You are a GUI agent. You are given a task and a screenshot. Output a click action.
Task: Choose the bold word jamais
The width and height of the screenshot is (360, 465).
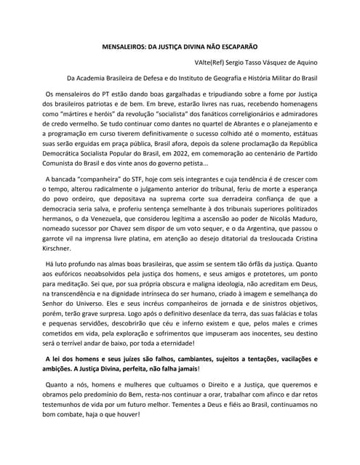pyautogui.click(x=180, y=372)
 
